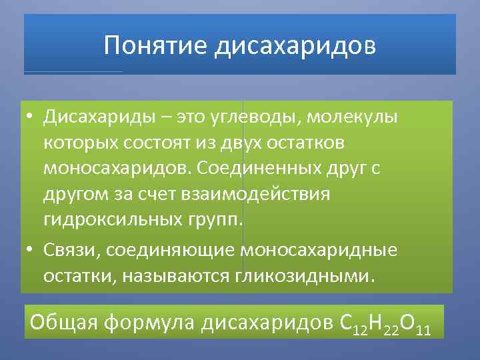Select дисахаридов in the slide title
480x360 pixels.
click(x=295, y=46)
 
